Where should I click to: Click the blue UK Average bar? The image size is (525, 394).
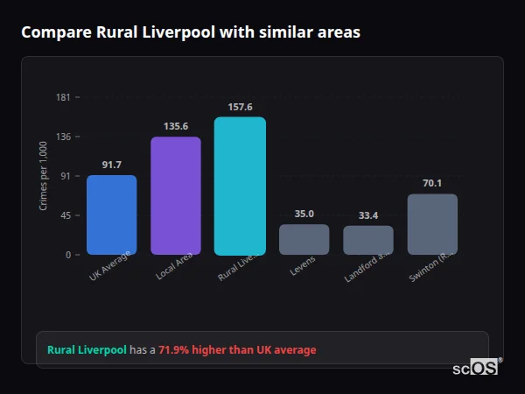pos(111,215)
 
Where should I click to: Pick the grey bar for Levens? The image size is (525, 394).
pos(304,239)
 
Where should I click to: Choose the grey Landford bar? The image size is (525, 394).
pos(368,240)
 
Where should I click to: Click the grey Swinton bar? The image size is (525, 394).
pos(432,224)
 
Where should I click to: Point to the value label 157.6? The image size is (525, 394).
pos(240,107)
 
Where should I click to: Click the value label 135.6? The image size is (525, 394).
pos(176,126)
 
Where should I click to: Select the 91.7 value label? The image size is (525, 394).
pos(111,165)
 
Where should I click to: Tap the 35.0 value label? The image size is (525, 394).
pos(304,214)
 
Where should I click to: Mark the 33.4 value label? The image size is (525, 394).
pos(368,215)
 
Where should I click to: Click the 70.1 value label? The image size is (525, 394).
pos(432,183)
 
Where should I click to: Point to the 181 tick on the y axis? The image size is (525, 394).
pos(63,97)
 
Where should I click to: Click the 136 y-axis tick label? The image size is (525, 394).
pos(63,137)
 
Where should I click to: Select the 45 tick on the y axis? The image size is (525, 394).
pos(66,215)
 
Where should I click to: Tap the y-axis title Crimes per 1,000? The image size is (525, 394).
pos(43,175)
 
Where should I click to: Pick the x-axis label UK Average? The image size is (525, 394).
pos(109,266)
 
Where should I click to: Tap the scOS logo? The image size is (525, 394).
pos(475,368)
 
